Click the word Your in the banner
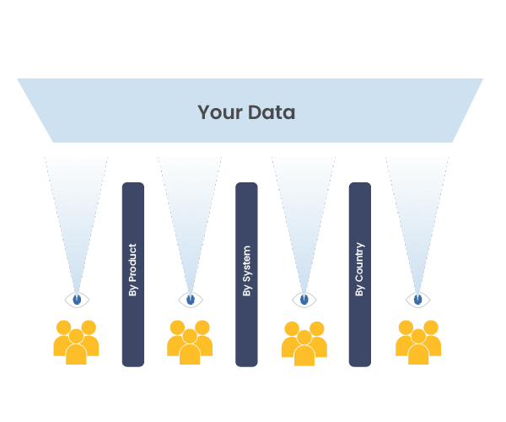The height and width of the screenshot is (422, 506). coord(216,112)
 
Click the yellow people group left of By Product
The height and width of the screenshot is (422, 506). coord(76,341)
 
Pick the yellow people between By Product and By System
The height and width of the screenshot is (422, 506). coord(189,341)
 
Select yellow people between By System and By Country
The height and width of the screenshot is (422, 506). coord(304,341)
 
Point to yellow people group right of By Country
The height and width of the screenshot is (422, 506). coord(418,341)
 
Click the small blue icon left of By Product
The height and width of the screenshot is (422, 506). coord(76,300)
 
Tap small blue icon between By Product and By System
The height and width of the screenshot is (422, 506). coord(189,300)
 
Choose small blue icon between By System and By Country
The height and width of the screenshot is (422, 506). coord(304,300)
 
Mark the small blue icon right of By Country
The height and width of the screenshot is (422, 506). coord(418,300)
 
